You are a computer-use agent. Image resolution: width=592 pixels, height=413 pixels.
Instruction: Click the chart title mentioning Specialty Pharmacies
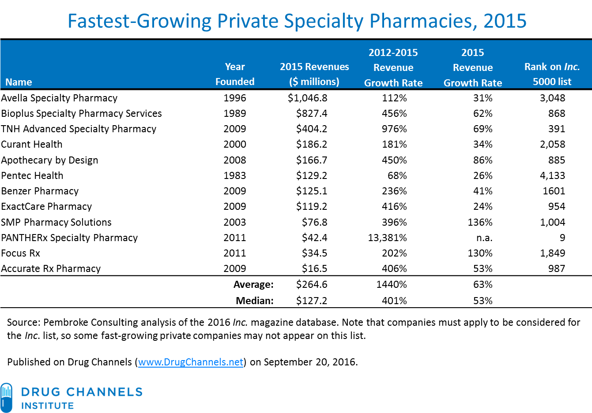pos(297,21)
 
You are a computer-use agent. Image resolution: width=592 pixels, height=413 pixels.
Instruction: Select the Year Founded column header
pos(235,74)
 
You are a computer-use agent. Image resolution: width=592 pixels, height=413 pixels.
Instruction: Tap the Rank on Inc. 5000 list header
pos(552,74)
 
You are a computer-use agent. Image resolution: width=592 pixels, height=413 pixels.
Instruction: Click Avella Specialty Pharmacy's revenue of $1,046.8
pos(307,98)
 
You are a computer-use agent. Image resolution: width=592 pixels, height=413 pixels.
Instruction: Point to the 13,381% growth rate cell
pos(387,238)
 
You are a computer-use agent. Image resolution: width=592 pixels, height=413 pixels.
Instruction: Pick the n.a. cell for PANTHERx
pos(484,238)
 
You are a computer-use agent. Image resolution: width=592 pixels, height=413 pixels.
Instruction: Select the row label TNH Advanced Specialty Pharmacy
pos(79,129)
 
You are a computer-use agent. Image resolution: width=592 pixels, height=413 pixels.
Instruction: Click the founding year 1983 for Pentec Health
pos(235,175)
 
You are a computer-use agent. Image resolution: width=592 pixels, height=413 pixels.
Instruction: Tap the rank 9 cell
pos(562,238)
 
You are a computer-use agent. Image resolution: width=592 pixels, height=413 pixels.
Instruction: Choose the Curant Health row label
pos(32,144)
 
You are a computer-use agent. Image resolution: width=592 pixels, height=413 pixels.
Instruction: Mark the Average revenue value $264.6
pos(312,284)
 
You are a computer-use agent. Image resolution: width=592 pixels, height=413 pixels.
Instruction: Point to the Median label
pos(254,301)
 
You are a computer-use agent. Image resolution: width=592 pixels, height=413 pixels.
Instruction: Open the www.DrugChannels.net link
pos(191,362)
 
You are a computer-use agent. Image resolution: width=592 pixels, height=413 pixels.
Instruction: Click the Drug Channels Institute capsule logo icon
pos(7,397)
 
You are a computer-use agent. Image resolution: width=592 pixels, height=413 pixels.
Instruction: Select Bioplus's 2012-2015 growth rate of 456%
pos(394,113)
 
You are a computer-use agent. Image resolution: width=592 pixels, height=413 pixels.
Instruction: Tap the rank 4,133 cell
pos(552,175)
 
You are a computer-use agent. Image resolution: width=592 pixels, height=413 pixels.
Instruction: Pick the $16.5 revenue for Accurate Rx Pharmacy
pos(314,268)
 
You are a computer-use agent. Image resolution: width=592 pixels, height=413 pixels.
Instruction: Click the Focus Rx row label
pos(21,253)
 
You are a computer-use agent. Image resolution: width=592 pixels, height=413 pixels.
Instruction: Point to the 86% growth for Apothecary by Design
pos(483,160)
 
